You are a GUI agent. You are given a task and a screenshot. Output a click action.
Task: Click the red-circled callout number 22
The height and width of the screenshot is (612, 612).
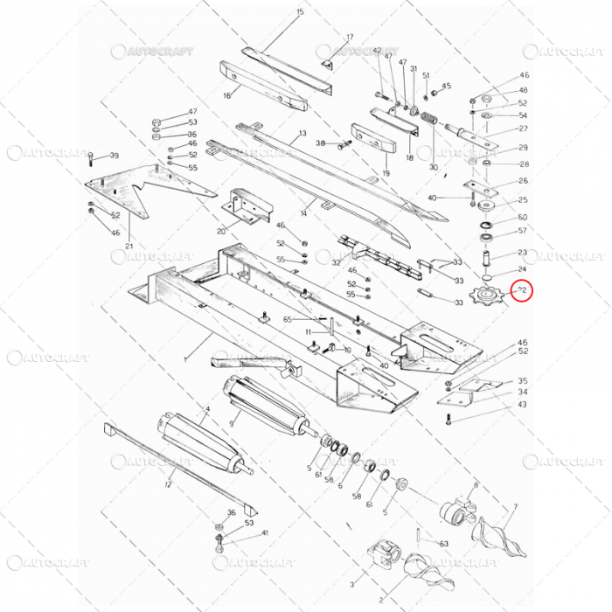point(522,289)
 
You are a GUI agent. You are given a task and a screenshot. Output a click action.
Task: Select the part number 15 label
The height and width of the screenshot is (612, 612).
point(300,11)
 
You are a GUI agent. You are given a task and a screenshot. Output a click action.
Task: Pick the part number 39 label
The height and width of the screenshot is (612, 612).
point(115,156)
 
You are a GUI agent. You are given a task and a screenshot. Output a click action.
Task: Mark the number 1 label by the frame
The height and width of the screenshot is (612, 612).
point(184,359)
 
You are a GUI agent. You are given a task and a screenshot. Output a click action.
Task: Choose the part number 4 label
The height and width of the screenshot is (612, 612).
point(206,409)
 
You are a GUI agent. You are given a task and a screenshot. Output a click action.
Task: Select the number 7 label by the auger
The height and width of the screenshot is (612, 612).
point(515,506)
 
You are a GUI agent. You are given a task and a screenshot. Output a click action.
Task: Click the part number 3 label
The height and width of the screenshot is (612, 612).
point(351,583)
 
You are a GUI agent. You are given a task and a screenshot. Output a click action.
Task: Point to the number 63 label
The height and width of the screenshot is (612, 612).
point(444,543)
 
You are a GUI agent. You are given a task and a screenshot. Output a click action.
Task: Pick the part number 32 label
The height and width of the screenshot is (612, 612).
point(336,262)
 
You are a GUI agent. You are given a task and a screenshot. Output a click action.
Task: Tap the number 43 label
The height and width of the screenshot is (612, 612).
point(522,404)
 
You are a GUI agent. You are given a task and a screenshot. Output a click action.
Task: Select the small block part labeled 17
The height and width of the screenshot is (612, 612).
point(327,64)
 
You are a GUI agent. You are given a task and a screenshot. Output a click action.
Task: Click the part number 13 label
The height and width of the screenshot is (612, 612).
point(303,134)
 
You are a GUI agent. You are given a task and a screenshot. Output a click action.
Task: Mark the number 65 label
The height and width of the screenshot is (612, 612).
point(286,321)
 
